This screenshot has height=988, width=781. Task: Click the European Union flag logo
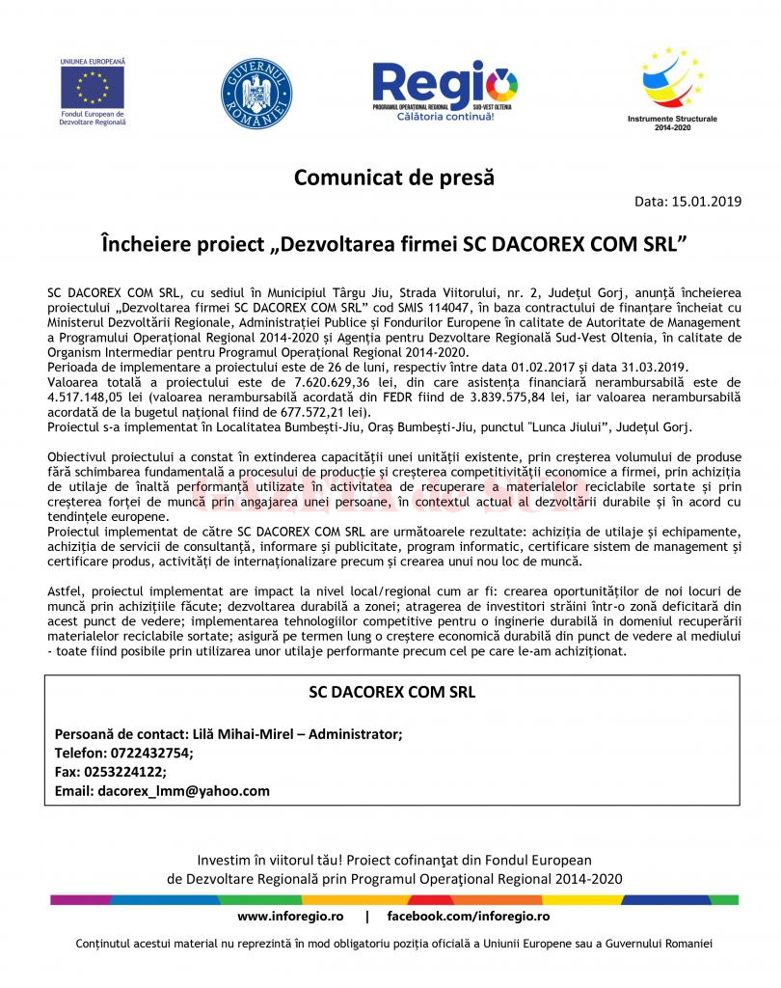(x=93, y=87)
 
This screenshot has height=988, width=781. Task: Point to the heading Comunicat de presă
(x=393, y=178)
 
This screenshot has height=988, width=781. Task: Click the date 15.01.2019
(x=708, y=202)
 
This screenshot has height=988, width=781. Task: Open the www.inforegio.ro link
(x=290, y=915)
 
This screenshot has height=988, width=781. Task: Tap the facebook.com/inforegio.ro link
(x=469, y=915)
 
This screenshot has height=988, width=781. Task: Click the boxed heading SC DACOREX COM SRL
(x=391, y=692)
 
